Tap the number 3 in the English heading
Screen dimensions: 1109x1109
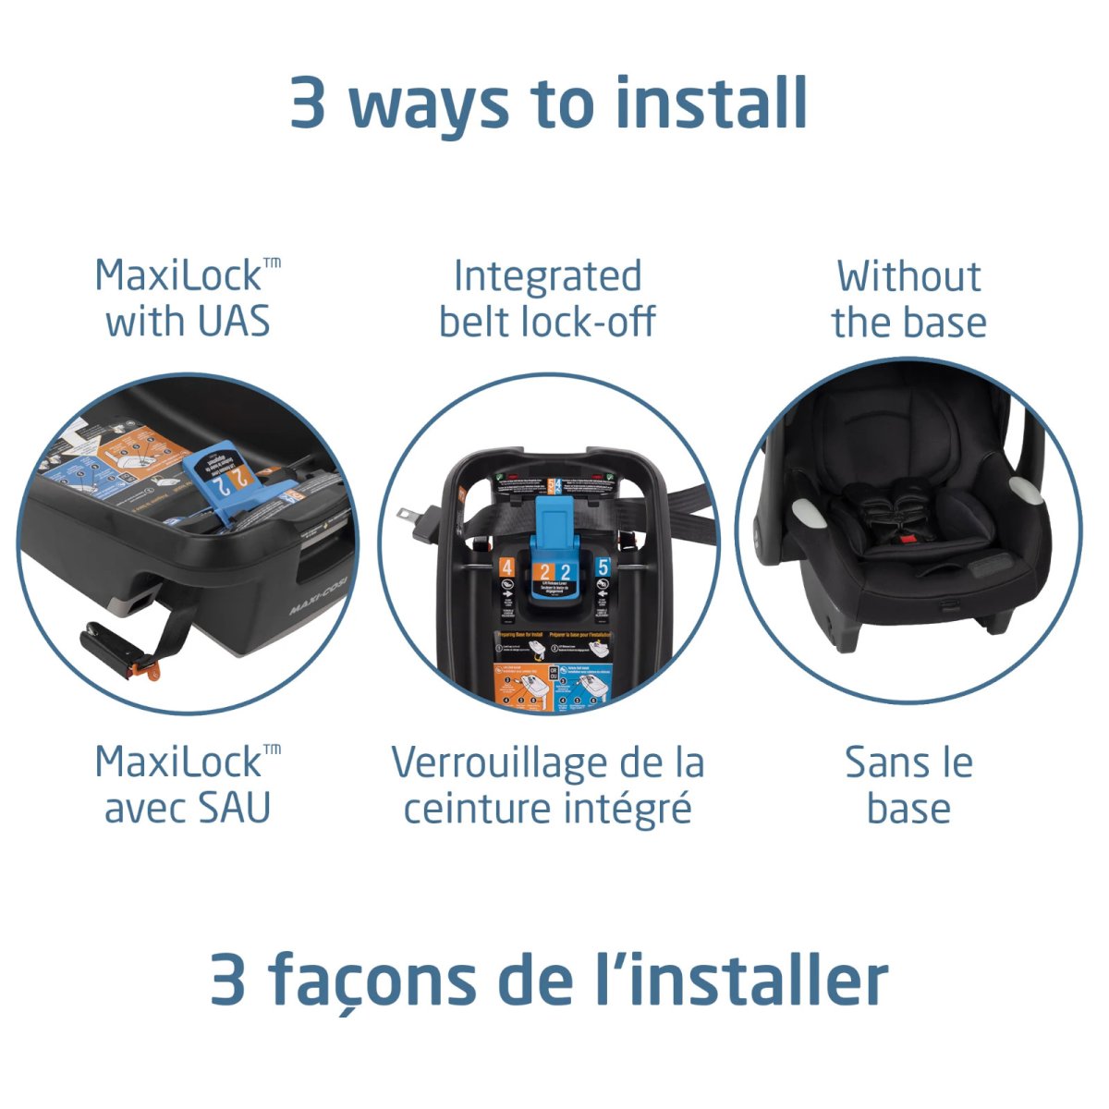pos(308,103)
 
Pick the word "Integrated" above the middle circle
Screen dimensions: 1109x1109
pos(547,276)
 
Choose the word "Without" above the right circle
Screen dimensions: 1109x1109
pos(908,276)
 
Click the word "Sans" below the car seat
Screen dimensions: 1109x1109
pos(876,763)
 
